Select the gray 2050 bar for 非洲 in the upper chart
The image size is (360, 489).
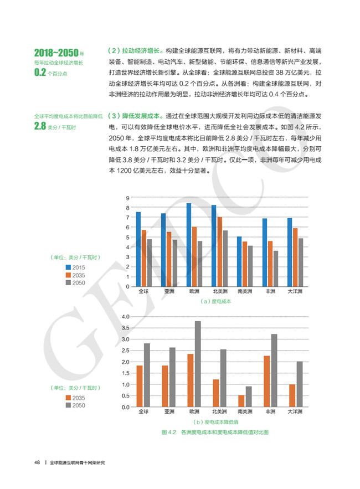tap(276, 269)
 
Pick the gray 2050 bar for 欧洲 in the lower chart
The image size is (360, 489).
tap(198, 364)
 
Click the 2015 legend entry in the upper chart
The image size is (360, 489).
tap(77, 267)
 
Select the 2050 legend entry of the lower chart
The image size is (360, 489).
tap(77, 405)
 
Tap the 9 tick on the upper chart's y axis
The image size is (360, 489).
tap(127, 198)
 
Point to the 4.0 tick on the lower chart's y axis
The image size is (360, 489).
tap(125, 316)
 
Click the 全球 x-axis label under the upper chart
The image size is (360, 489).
tap(143, 291)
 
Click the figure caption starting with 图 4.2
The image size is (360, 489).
tap(215, 432)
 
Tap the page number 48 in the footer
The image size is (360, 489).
tap(35, 462)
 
